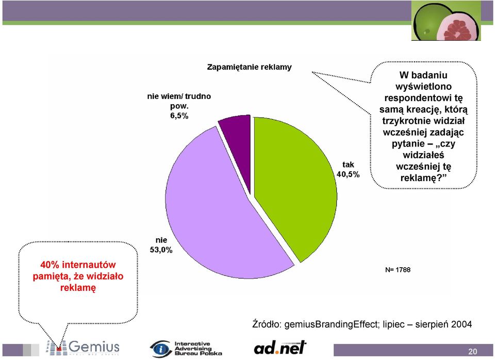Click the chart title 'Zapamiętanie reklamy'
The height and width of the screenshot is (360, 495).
pyautogui.click(x=250, y=67)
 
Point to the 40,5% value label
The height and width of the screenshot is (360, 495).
pyautogui.click(x=348, y=174)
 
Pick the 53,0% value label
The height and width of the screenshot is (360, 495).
pyautogui.click(x=161, y=250)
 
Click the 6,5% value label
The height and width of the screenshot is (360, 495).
pyautogui.click(x=179, y=116)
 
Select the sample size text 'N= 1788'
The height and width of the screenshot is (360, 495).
pyautogui.click(x=398, y=270)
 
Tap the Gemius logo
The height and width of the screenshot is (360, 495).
pyautogui.click(x=82, y=348)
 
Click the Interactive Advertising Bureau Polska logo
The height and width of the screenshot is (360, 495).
pyautogui.click(x=186, y=349)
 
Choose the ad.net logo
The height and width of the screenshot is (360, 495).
pyautogui.click(x=280, y=348)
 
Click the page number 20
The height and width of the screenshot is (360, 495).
pyautogui.click(x=473, y=351)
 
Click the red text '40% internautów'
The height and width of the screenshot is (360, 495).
pyautogui.click(x=78, y=265)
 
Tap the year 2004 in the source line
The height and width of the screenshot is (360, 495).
pyautogui.click(x=461, y=324)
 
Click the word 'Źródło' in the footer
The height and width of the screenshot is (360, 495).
pyautogui.click(x=267, y=324)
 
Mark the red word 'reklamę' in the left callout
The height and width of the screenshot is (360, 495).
pyautogui.click(x=78, y=288)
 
